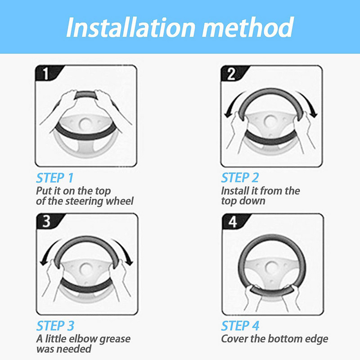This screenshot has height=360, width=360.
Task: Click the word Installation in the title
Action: [130, 27]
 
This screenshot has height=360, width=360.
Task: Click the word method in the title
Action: [248, 27]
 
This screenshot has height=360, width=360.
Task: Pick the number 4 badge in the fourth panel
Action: [233, 221]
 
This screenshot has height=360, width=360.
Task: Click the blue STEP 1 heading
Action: [55, 178]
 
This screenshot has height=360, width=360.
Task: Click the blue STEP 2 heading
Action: [240, 178]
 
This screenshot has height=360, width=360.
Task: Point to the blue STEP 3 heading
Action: [55, 326]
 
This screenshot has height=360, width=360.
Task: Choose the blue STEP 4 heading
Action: [240, 326]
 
